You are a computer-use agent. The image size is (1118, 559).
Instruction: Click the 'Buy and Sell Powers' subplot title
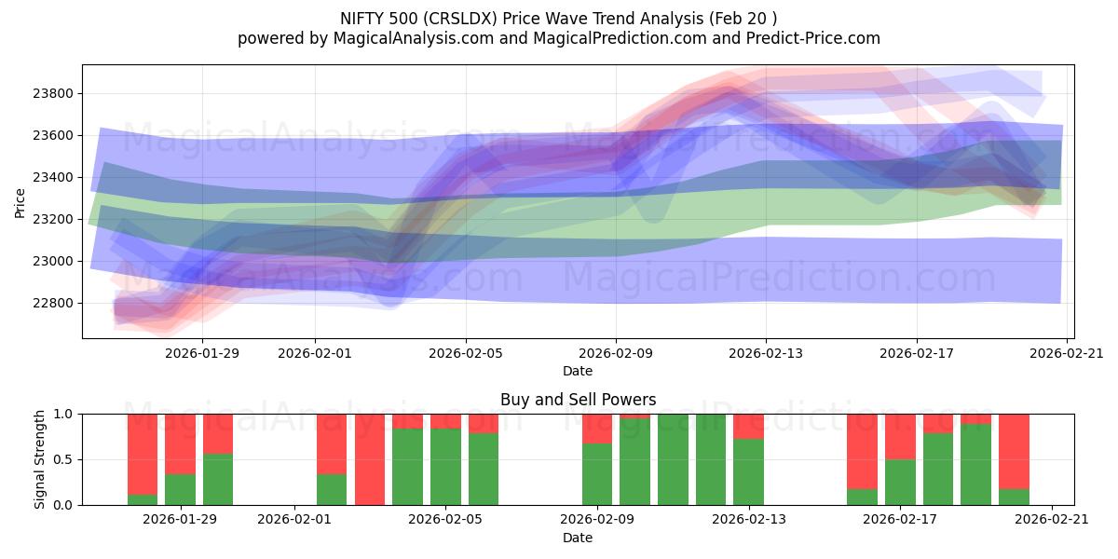click(578, 400)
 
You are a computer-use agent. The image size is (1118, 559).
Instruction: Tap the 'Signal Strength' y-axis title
click(39, 459)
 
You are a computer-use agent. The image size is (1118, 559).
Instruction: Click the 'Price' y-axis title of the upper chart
click(20, 201)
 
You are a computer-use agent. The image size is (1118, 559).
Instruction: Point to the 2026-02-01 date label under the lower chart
click(294, 519)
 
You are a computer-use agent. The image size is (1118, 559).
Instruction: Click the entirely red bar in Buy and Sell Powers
click(370, 459)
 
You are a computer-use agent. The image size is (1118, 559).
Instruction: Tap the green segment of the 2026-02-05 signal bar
click(445, 467)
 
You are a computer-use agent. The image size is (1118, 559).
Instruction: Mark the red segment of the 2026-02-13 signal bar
click(748, 426)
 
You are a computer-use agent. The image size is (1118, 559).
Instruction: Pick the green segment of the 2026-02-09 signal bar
click(597, 474)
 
